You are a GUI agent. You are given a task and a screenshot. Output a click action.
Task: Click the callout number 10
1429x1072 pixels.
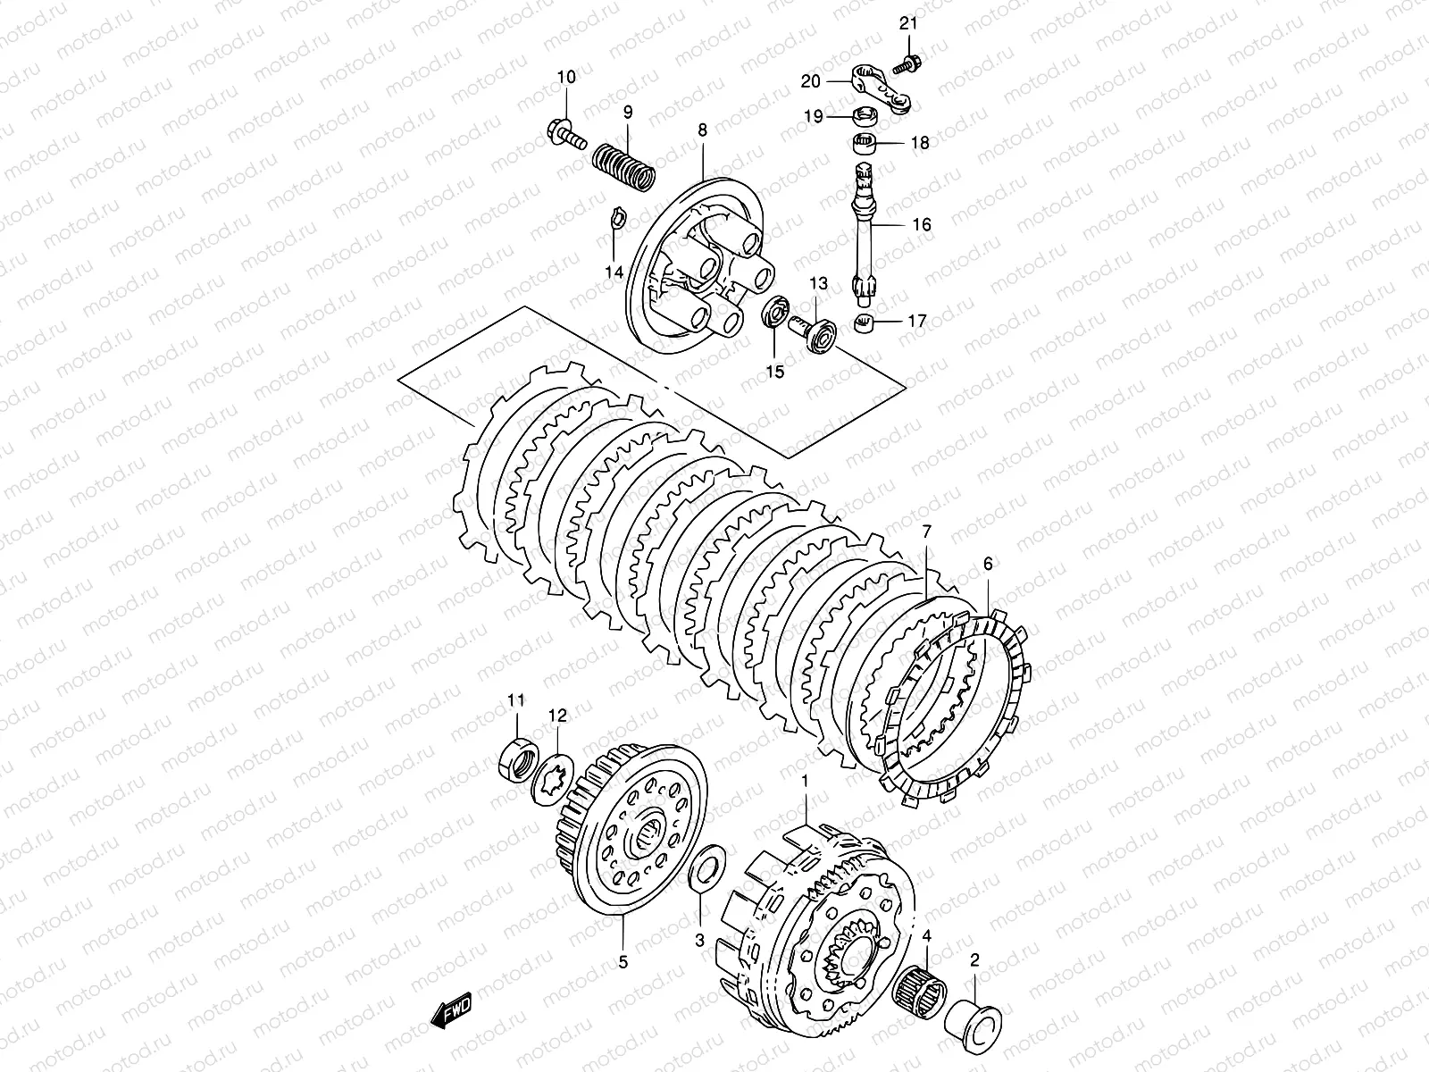(x=567, y=78)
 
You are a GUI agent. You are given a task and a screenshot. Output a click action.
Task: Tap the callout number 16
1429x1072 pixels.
(x=922, y=224)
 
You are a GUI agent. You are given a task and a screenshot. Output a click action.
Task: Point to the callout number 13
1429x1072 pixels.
(x=819, y=283)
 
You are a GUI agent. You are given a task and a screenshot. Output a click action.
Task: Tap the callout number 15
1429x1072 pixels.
(x=775, y=371)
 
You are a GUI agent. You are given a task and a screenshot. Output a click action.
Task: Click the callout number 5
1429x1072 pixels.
(x=623, y=962)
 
